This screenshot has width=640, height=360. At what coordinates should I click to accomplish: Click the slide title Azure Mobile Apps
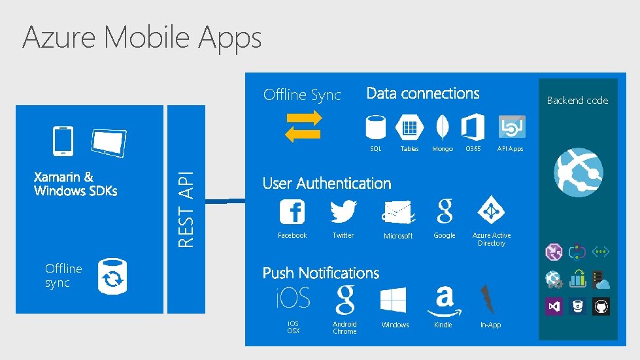[142, 37]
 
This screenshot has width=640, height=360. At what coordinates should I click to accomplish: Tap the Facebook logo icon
[292, 212]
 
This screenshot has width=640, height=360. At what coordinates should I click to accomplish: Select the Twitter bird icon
[343, 212]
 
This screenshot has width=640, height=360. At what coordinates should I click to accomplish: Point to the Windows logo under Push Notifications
[394, 301]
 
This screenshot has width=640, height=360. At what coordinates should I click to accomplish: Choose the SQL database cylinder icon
[376, 127]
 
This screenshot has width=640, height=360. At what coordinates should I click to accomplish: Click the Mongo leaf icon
[443, 127]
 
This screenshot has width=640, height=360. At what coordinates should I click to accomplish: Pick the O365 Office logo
[473, 127]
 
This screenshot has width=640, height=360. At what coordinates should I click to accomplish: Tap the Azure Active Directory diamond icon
[491, 210]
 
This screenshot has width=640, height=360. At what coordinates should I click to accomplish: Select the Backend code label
[577, 101]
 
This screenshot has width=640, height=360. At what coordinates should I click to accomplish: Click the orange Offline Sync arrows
[304, 125]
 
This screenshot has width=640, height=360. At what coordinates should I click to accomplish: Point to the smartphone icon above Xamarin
[63, 140]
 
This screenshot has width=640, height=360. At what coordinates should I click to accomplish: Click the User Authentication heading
[327, 184]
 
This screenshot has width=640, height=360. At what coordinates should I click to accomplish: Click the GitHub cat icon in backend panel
[601, 306]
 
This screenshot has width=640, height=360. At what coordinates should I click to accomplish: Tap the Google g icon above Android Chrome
[345, 300]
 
